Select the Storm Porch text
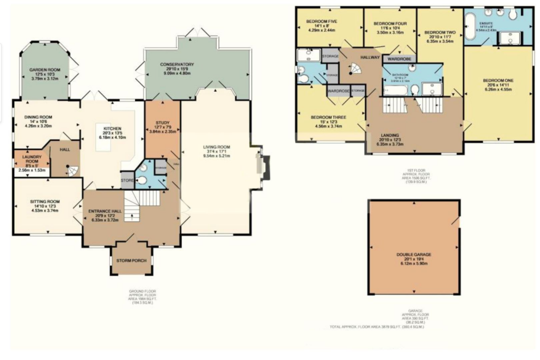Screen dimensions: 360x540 coord(131,260)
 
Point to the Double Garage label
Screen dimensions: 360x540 coord(414,255)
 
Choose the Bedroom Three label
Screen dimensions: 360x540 coord(328,117)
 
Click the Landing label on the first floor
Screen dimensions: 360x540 coord(390,135)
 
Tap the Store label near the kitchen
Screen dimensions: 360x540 coord(128,180)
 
